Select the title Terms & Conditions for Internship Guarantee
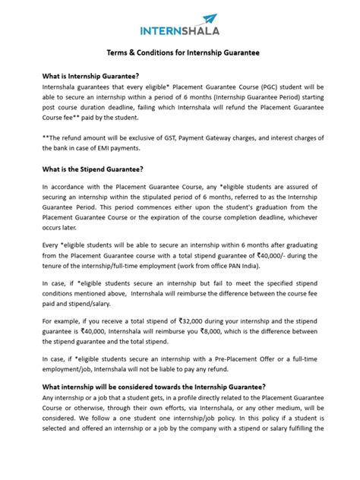[x=179, y=53]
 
